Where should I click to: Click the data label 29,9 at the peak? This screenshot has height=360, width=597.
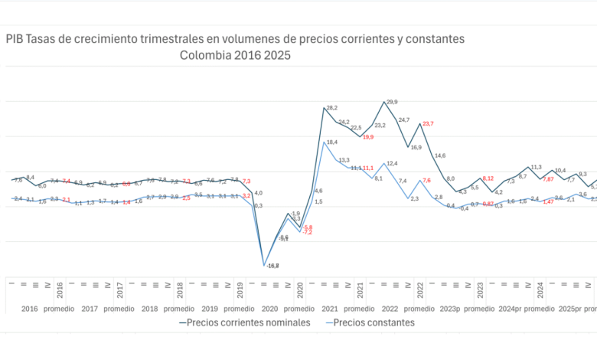[x=392, y=102]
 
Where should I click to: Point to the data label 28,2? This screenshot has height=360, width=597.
[x=331, y=108]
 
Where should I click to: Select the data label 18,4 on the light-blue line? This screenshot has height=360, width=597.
[x=331, y=142]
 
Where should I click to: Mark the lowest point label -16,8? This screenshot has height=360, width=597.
[x=272, y=266]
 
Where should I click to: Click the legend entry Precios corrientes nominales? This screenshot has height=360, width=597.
[x=244, y=322]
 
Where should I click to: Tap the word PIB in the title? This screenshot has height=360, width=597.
[x=15, y=38]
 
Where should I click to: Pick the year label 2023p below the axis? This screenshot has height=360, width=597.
[x=450, y=309]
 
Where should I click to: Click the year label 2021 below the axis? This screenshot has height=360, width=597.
[x=330, y=309]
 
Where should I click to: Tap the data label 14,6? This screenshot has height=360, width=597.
[x=439, y=156]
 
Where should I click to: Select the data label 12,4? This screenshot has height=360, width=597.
[x=392, y=163]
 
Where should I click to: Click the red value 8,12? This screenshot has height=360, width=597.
[x=488, y=178]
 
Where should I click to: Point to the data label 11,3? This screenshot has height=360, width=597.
[x=536, y=167]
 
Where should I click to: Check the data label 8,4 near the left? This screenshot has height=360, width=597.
[x=30, y=178]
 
